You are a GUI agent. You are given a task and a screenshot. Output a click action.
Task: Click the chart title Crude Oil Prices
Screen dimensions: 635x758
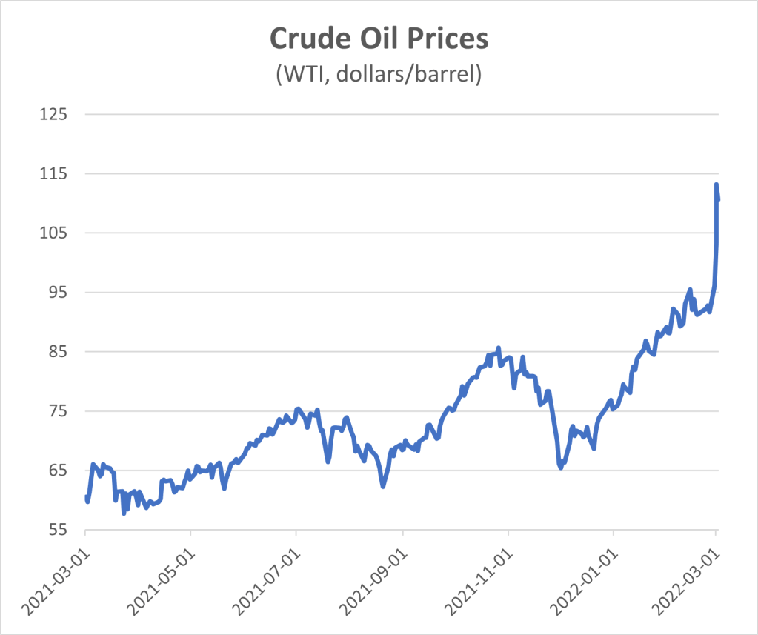[x=379, y=39]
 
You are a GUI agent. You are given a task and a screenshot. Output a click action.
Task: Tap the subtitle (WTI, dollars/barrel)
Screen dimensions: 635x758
[x=379, y=74]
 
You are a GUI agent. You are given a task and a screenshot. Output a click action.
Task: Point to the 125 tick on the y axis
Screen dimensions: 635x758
[x=55, y=115]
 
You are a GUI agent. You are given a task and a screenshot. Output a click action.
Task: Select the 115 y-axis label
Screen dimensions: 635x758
[x=55, y=174]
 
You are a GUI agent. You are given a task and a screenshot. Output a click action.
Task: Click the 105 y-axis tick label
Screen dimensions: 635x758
[x=55, y=233]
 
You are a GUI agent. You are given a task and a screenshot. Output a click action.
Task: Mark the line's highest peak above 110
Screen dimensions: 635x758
[x=717, y=184]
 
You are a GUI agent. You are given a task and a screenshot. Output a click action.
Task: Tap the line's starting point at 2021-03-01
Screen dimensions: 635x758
[x=86, y=496]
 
